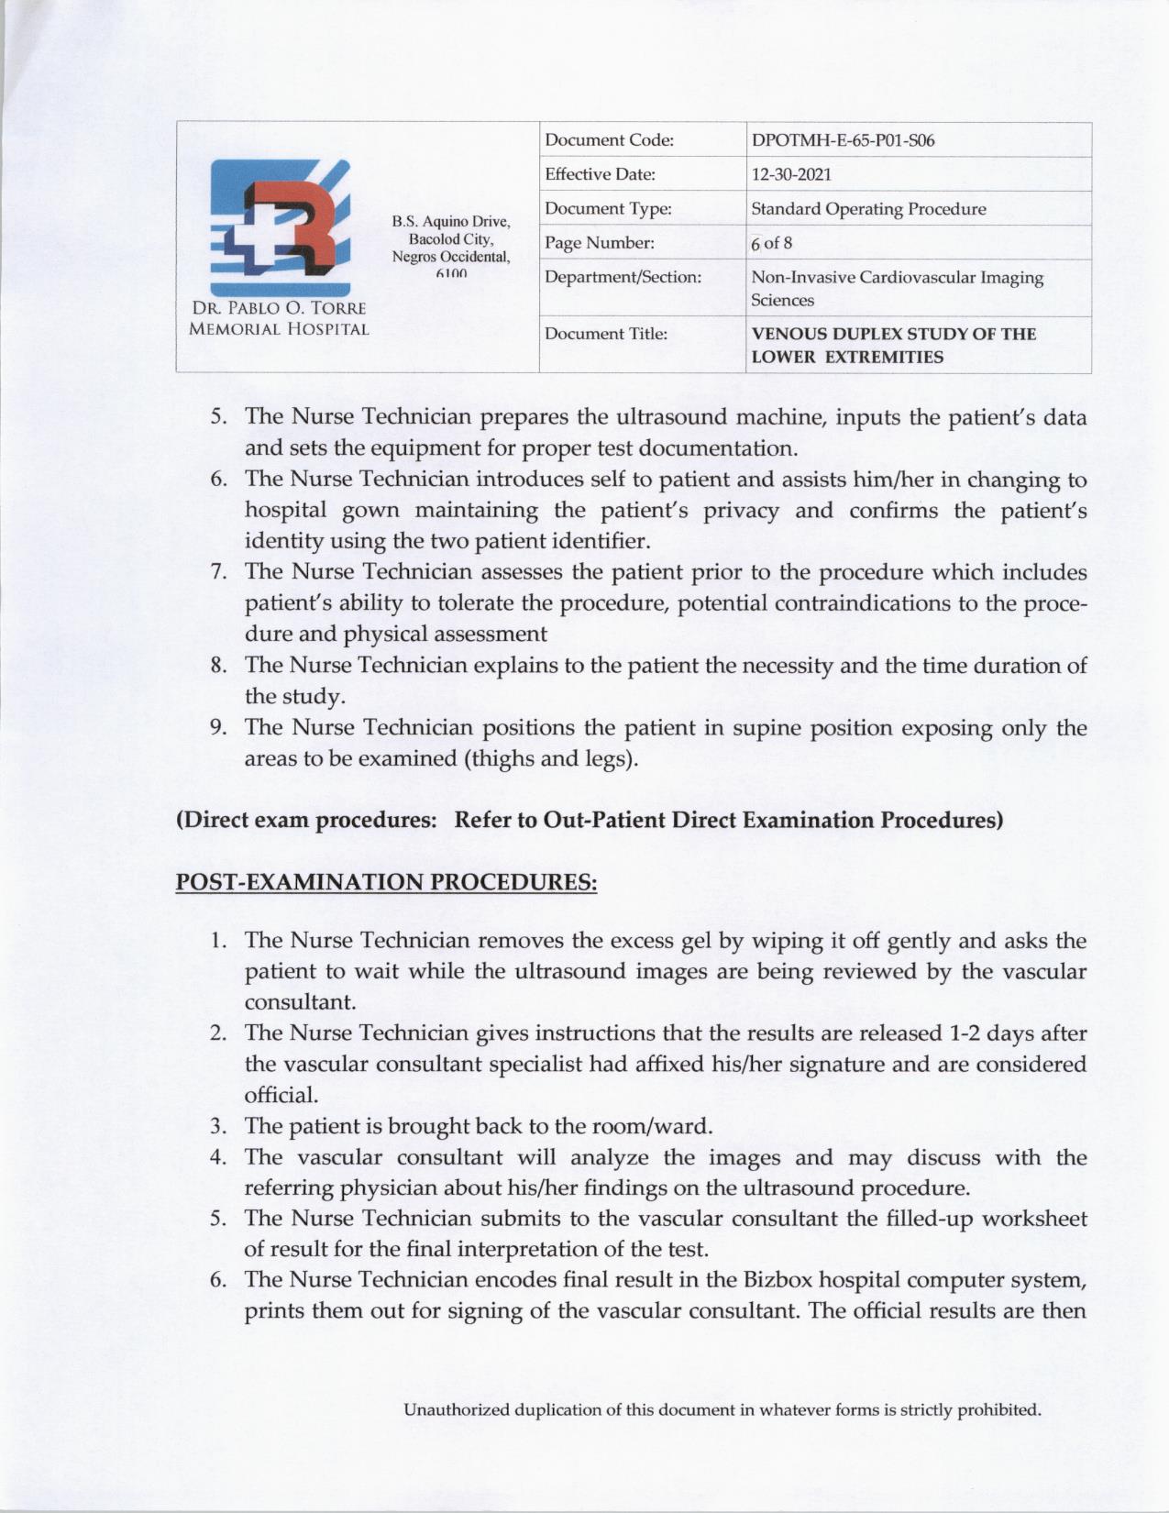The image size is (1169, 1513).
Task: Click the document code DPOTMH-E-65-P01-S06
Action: tap(843, 140)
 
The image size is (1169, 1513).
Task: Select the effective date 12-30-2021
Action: tap(791, 174)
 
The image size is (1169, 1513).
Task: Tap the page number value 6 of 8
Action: tap(771, 243)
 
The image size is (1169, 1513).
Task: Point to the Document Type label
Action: tap(608, 209)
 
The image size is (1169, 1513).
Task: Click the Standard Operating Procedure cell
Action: tap(868, 209)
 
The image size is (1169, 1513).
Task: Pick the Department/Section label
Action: tap(623, 277)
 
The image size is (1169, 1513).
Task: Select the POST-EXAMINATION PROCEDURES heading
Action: tap(386, 882)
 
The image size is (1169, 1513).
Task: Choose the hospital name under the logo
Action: tap(279, 318)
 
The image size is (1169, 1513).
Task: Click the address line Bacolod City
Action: tap(451, 239)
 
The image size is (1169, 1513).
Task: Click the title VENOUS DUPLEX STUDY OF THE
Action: tap(893, 334)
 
